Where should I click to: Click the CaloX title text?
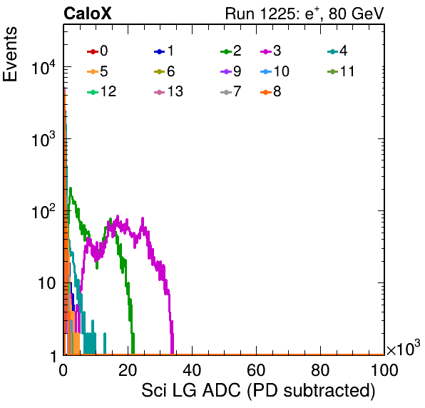(x=88, y=14)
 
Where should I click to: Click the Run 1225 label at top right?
(x=304, y=14)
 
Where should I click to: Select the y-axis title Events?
(x=10, y=54)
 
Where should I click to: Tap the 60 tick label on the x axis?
(x=256, y=369)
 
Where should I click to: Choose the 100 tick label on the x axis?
(x=384, y=369)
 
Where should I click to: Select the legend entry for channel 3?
(x=271, y=51)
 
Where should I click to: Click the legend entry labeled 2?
(x=231, y=51)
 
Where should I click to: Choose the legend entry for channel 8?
(x=271, y=91)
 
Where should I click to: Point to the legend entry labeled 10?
(x=275, y=71)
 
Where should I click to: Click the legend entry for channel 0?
(x=98, y=51)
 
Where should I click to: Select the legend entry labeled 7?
(x=231, y=91)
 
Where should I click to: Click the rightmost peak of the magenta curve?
(x=143, y=218)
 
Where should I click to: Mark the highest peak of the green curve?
(x=71, y=188)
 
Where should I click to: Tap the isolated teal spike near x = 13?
(x=105, y=343)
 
